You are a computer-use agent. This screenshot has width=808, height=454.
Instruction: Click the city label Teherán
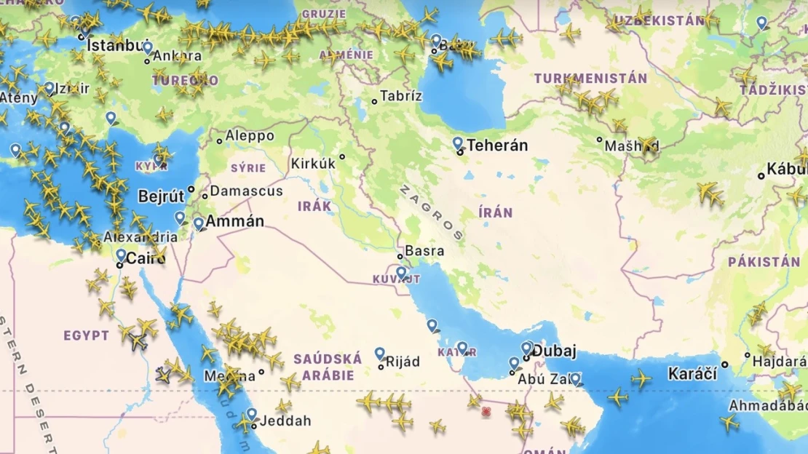[x=497, y=146]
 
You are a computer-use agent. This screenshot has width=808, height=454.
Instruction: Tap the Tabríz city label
[x=402, y=96]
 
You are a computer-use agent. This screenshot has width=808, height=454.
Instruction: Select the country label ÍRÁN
[x=496, y=213]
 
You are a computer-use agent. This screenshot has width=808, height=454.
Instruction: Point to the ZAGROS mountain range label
[x=431, y=212]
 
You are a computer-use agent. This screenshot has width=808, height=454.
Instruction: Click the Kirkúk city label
[x=313, y=164]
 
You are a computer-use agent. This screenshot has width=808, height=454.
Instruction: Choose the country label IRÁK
[x=314, y=206]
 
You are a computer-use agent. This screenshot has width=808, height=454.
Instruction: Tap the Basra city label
[x=424, y=251]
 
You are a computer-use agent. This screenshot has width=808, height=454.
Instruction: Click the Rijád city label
[x=403, y=362]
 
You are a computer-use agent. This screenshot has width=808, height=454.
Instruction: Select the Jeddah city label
[x=286, y=421]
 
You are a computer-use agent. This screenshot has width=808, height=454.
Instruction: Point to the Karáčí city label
[x=692, y=375]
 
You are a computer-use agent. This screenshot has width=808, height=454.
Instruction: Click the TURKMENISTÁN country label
[x=590, y=79]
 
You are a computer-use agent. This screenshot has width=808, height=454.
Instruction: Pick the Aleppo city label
[x=250, y=136]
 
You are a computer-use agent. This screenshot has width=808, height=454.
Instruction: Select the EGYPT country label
[x=86, y=335]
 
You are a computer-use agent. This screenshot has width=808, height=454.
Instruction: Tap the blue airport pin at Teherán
[x=458, y=143]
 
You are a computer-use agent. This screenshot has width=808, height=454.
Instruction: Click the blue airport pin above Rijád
[x=379, y=354]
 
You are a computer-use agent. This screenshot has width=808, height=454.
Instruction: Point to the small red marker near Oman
[x=486, y=412]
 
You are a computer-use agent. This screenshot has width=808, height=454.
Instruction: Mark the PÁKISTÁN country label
[x=764, y=262]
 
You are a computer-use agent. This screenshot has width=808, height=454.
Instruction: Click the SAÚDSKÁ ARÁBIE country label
[x=328, y=367]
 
